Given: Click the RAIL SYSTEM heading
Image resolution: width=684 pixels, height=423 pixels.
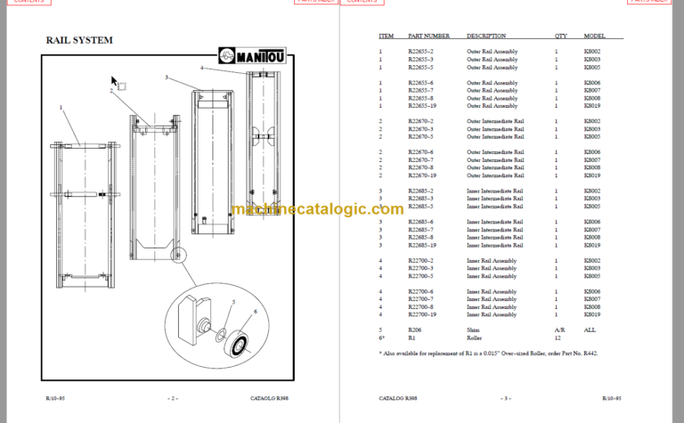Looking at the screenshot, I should pos(79,40).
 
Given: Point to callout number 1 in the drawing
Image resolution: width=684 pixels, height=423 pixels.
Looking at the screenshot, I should pos(61,107).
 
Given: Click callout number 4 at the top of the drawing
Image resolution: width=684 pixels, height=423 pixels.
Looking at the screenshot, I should pos(202,68).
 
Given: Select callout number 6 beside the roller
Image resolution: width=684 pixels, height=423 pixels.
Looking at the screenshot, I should pos(255,311).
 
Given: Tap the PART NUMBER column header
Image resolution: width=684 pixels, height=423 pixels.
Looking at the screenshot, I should pos(428,37).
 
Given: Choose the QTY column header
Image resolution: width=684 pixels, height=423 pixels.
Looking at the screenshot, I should pos(560,37).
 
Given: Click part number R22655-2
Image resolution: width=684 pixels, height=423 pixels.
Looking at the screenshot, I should pos(420,52).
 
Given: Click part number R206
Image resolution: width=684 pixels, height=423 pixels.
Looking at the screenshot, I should pos(416,329).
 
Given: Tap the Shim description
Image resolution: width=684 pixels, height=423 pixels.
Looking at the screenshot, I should pos(473,329).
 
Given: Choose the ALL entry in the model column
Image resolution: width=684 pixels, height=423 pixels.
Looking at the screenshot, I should pos(590,329).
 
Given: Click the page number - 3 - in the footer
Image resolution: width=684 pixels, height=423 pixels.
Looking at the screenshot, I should pos(504,397).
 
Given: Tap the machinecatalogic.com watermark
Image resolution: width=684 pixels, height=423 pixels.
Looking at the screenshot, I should pos(317,209).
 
